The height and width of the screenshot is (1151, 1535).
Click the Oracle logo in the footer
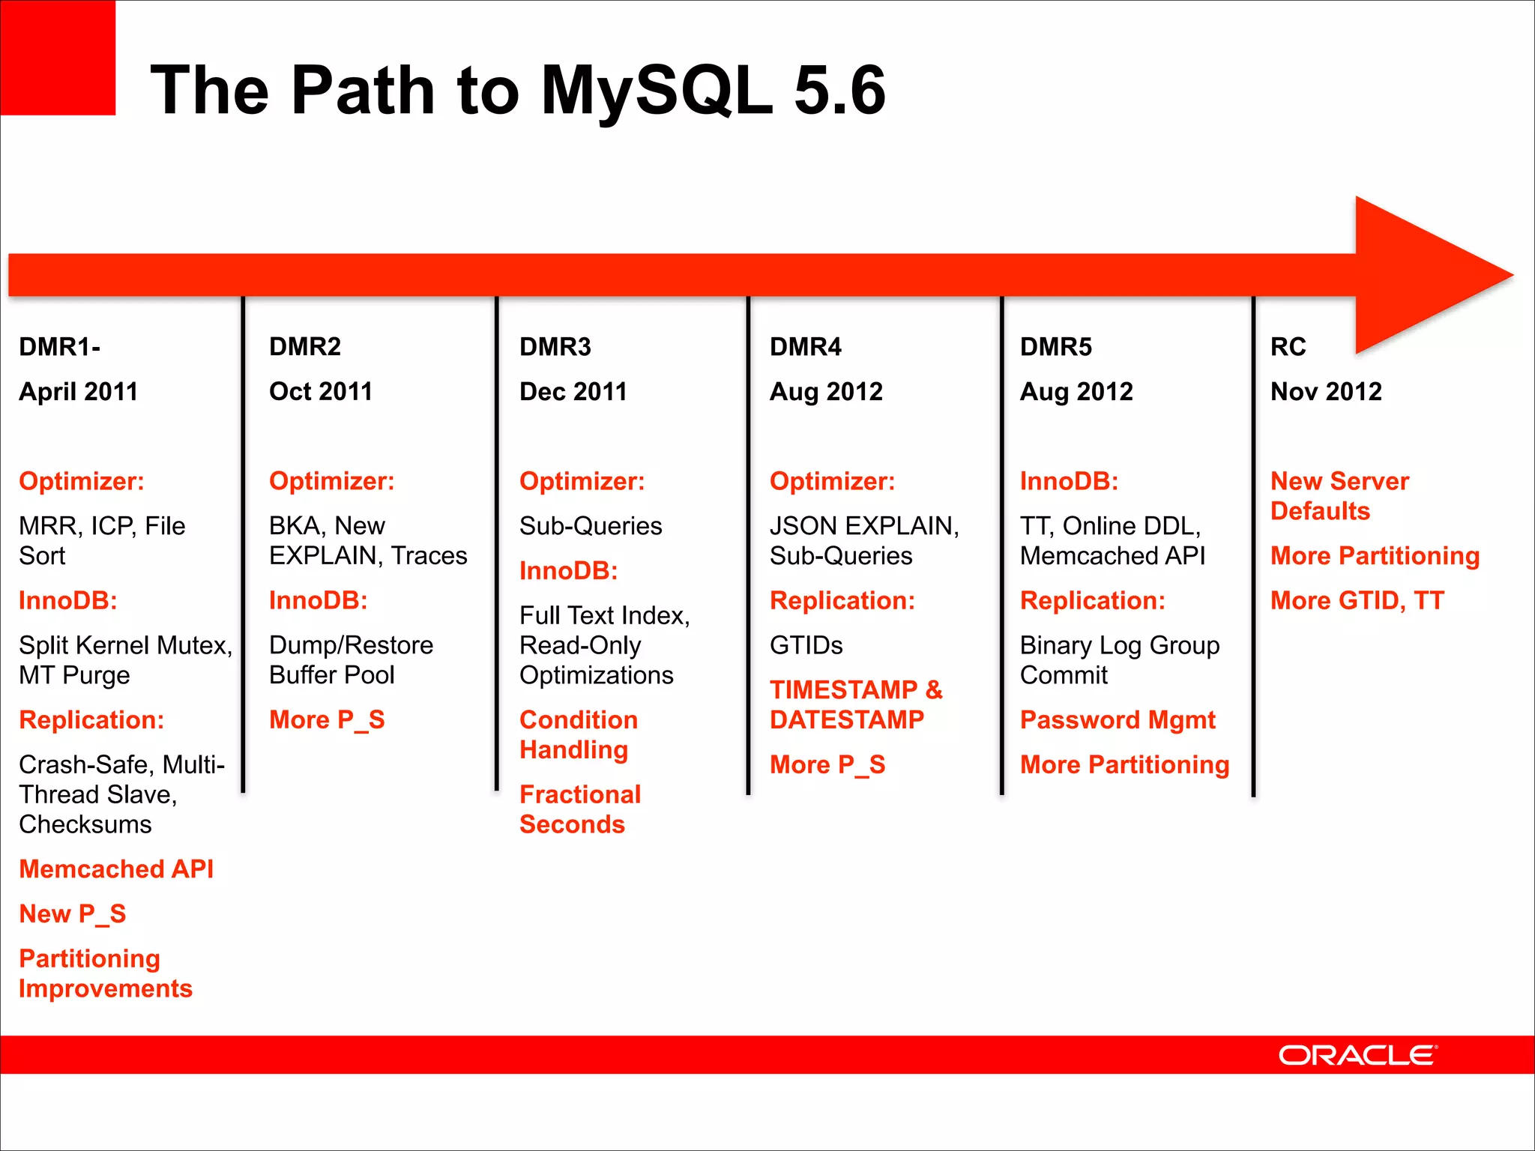1357,1055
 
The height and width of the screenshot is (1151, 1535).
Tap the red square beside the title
58,58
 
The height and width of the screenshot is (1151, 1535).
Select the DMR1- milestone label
59,347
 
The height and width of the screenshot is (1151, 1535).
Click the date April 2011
78,391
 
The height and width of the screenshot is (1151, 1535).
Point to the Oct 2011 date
321,391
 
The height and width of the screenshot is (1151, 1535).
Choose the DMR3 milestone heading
555,347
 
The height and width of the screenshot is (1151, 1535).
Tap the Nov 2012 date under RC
1326,391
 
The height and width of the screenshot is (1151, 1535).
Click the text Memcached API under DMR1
116,869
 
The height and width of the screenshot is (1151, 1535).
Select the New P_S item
73,914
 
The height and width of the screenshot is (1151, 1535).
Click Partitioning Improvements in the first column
105,973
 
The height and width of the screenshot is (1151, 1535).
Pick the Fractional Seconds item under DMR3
579,809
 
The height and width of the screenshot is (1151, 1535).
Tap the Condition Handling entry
578,734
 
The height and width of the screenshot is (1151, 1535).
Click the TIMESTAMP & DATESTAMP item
855,704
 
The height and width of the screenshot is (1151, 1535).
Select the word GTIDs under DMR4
806,645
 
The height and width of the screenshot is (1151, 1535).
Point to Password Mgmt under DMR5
1117,720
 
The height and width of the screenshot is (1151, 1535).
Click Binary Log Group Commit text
1119,660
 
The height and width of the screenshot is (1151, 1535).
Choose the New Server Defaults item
1339,495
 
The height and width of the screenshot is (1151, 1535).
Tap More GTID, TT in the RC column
1357,600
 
